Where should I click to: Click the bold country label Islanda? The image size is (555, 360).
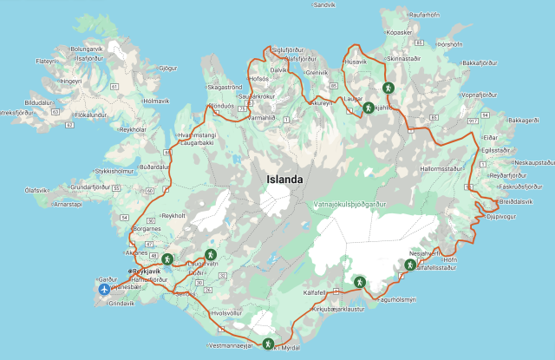(284, 180)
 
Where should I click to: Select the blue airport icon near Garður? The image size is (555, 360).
(106, 290)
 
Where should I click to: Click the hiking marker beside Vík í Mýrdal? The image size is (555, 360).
(269, 344)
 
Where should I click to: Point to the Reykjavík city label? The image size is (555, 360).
(147, 272)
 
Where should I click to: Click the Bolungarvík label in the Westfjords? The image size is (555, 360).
(87, 49)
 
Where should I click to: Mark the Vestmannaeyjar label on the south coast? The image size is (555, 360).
(231, 345)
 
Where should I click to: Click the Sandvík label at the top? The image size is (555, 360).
(324, 4)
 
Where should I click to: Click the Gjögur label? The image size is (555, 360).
(168, 68)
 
